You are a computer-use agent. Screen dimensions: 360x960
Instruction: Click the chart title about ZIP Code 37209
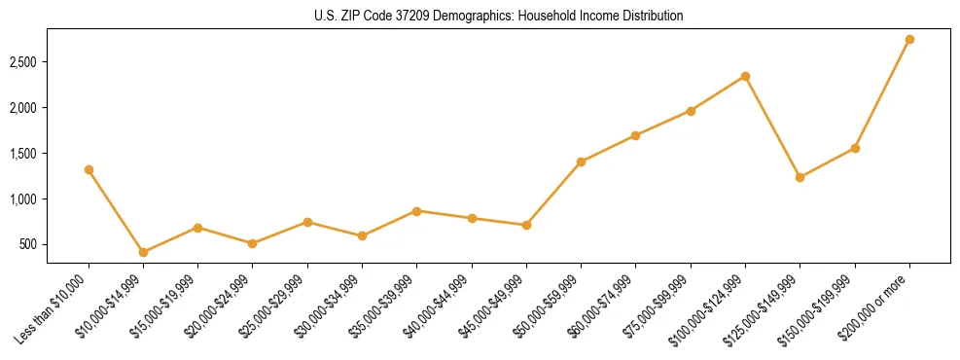tap(498, 16)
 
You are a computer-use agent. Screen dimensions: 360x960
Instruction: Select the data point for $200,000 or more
tap(909, 39)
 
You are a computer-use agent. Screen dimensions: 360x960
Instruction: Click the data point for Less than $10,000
tap(89, 169)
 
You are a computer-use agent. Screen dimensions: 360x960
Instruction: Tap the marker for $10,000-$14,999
tap(143, 252)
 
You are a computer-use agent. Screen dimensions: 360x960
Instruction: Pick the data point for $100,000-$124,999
tap(745, 76)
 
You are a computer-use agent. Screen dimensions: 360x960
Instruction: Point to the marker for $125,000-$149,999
tap(800, 177)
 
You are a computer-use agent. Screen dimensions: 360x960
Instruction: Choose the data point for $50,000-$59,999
tap(581, 162)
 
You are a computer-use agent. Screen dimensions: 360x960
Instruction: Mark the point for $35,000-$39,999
tap(416, 210)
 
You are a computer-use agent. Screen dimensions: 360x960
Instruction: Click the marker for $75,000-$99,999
tap(691, 111)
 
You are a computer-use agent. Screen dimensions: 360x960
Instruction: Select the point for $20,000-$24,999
tap(253, 243)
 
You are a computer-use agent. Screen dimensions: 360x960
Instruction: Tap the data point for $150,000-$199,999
tap(855, 148)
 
